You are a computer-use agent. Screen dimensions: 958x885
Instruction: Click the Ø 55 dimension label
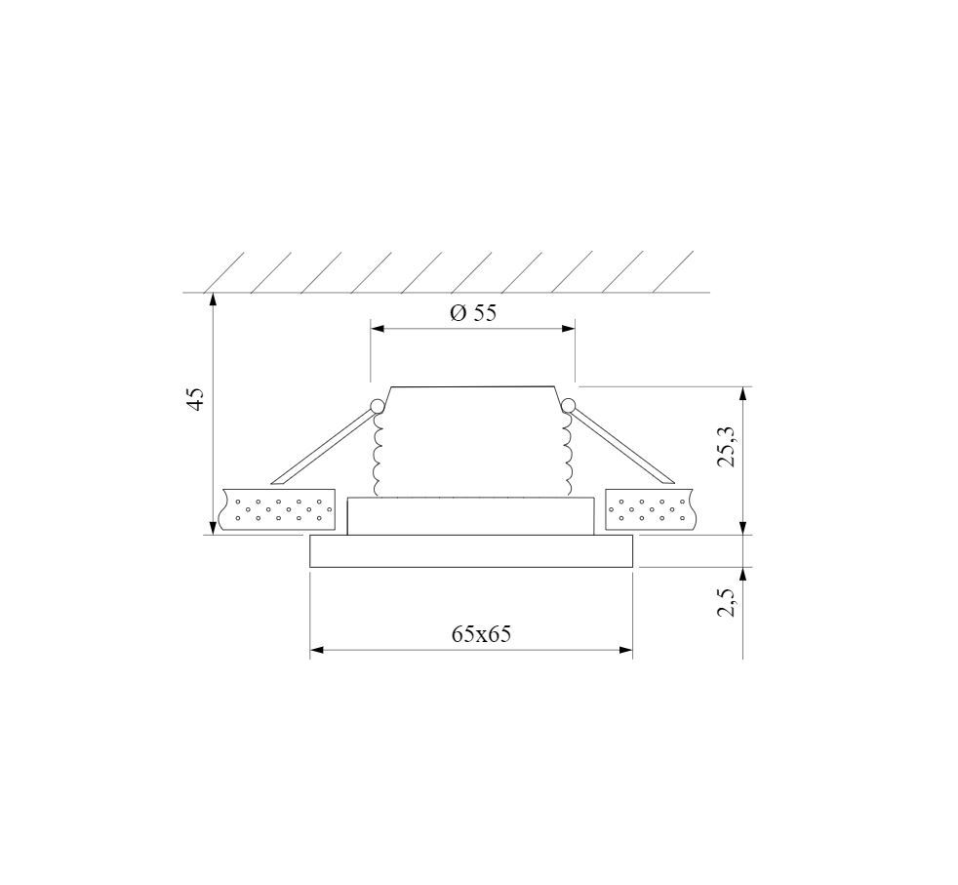tap(473, 313)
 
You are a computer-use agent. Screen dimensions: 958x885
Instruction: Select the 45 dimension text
tap(195, 398)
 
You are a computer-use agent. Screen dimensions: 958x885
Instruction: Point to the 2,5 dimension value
tap(728, 601)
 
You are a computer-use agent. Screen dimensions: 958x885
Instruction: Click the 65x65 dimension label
tap(482, 634)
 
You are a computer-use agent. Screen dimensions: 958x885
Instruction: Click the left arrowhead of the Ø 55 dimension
tap(378, 329)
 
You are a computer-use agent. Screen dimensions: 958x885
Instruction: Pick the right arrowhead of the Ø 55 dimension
tap(568, 329)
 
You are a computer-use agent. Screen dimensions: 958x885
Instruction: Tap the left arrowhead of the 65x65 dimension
tap(317, 650)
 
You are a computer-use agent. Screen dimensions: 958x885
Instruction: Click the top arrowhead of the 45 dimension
tap(212, 301)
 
